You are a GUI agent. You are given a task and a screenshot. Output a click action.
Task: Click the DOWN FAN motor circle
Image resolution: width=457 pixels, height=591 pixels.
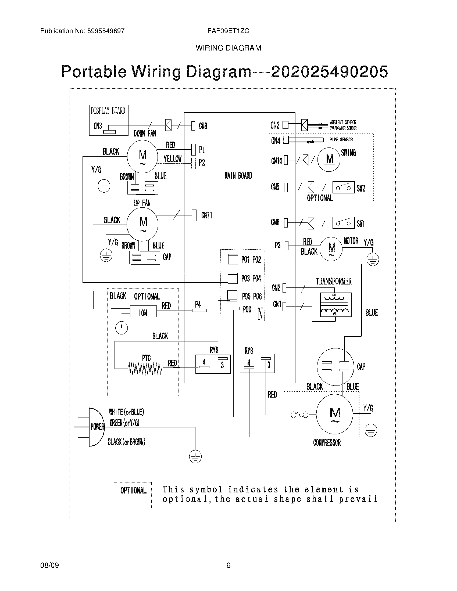[142, 156]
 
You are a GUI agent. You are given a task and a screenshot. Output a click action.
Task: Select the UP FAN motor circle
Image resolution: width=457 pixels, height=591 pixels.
[143, 225]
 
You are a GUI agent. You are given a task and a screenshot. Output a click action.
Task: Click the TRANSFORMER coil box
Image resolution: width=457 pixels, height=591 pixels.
[335, 305]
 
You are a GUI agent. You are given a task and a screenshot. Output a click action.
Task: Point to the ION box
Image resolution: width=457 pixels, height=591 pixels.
[143, 311]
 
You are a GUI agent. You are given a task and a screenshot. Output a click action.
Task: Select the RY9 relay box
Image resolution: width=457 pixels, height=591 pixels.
[213, 364]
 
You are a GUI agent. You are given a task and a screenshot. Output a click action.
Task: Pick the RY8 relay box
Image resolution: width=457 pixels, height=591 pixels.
[257, 364]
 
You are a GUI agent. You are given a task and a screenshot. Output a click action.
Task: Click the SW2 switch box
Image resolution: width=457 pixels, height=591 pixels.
[343, 188]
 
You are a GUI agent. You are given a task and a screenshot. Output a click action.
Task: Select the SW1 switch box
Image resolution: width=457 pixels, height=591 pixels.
[343, 223]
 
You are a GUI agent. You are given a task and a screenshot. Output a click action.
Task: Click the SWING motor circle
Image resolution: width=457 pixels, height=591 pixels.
[329, 159]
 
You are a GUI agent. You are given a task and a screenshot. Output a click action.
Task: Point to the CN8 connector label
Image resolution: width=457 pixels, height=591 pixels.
[203, 126]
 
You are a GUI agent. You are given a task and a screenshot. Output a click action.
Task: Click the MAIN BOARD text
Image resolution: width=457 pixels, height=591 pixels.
[238, 176]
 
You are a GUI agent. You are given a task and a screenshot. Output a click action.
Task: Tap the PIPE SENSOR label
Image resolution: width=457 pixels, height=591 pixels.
[341, 140]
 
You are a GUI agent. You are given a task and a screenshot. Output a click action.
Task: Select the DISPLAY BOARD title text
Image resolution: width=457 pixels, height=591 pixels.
[108, 111]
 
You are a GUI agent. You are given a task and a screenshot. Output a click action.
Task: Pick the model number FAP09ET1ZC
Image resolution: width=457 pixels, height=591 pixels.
[228, 31]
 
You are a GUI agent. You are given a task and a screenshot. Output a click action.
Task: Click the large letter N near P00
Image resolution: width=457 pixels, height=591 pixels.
[260, 314]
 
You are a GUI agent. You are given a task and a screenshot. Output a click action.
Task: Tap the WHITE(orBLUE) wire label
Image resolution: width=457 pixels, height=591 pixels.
[126, 412]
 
